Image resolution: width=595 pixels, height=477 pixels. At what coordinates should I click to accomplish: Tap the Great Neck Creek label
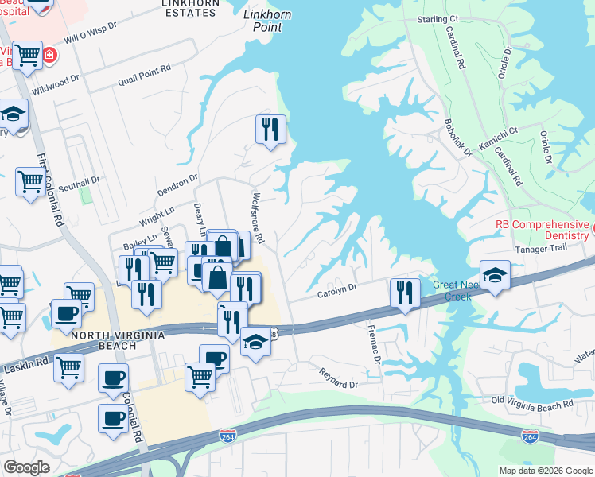click(452, 290)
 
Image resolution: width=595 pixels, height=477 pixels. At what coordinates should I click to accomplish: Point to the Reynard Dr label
click(339, 378)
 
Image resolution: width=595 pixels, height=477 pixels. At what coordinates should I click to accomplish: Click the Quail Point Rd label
click(144, 70)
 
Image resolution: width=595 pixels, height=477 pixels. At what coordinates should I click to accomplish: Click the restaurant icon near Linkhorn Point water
click(270, 129)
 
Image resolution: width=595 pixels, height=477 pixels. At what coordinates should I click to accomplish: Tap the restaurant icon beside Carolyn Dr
click(405, 293)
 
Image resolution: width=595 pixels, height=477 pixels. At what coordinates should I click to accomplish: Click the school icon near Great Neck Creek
click(495, 276)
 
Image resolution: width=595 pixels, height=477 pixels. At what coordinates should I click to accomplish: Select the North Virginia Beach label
click(118, 335)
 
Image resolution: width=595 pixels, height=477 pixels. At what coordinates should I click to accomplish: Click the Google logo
click(27, 467)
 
